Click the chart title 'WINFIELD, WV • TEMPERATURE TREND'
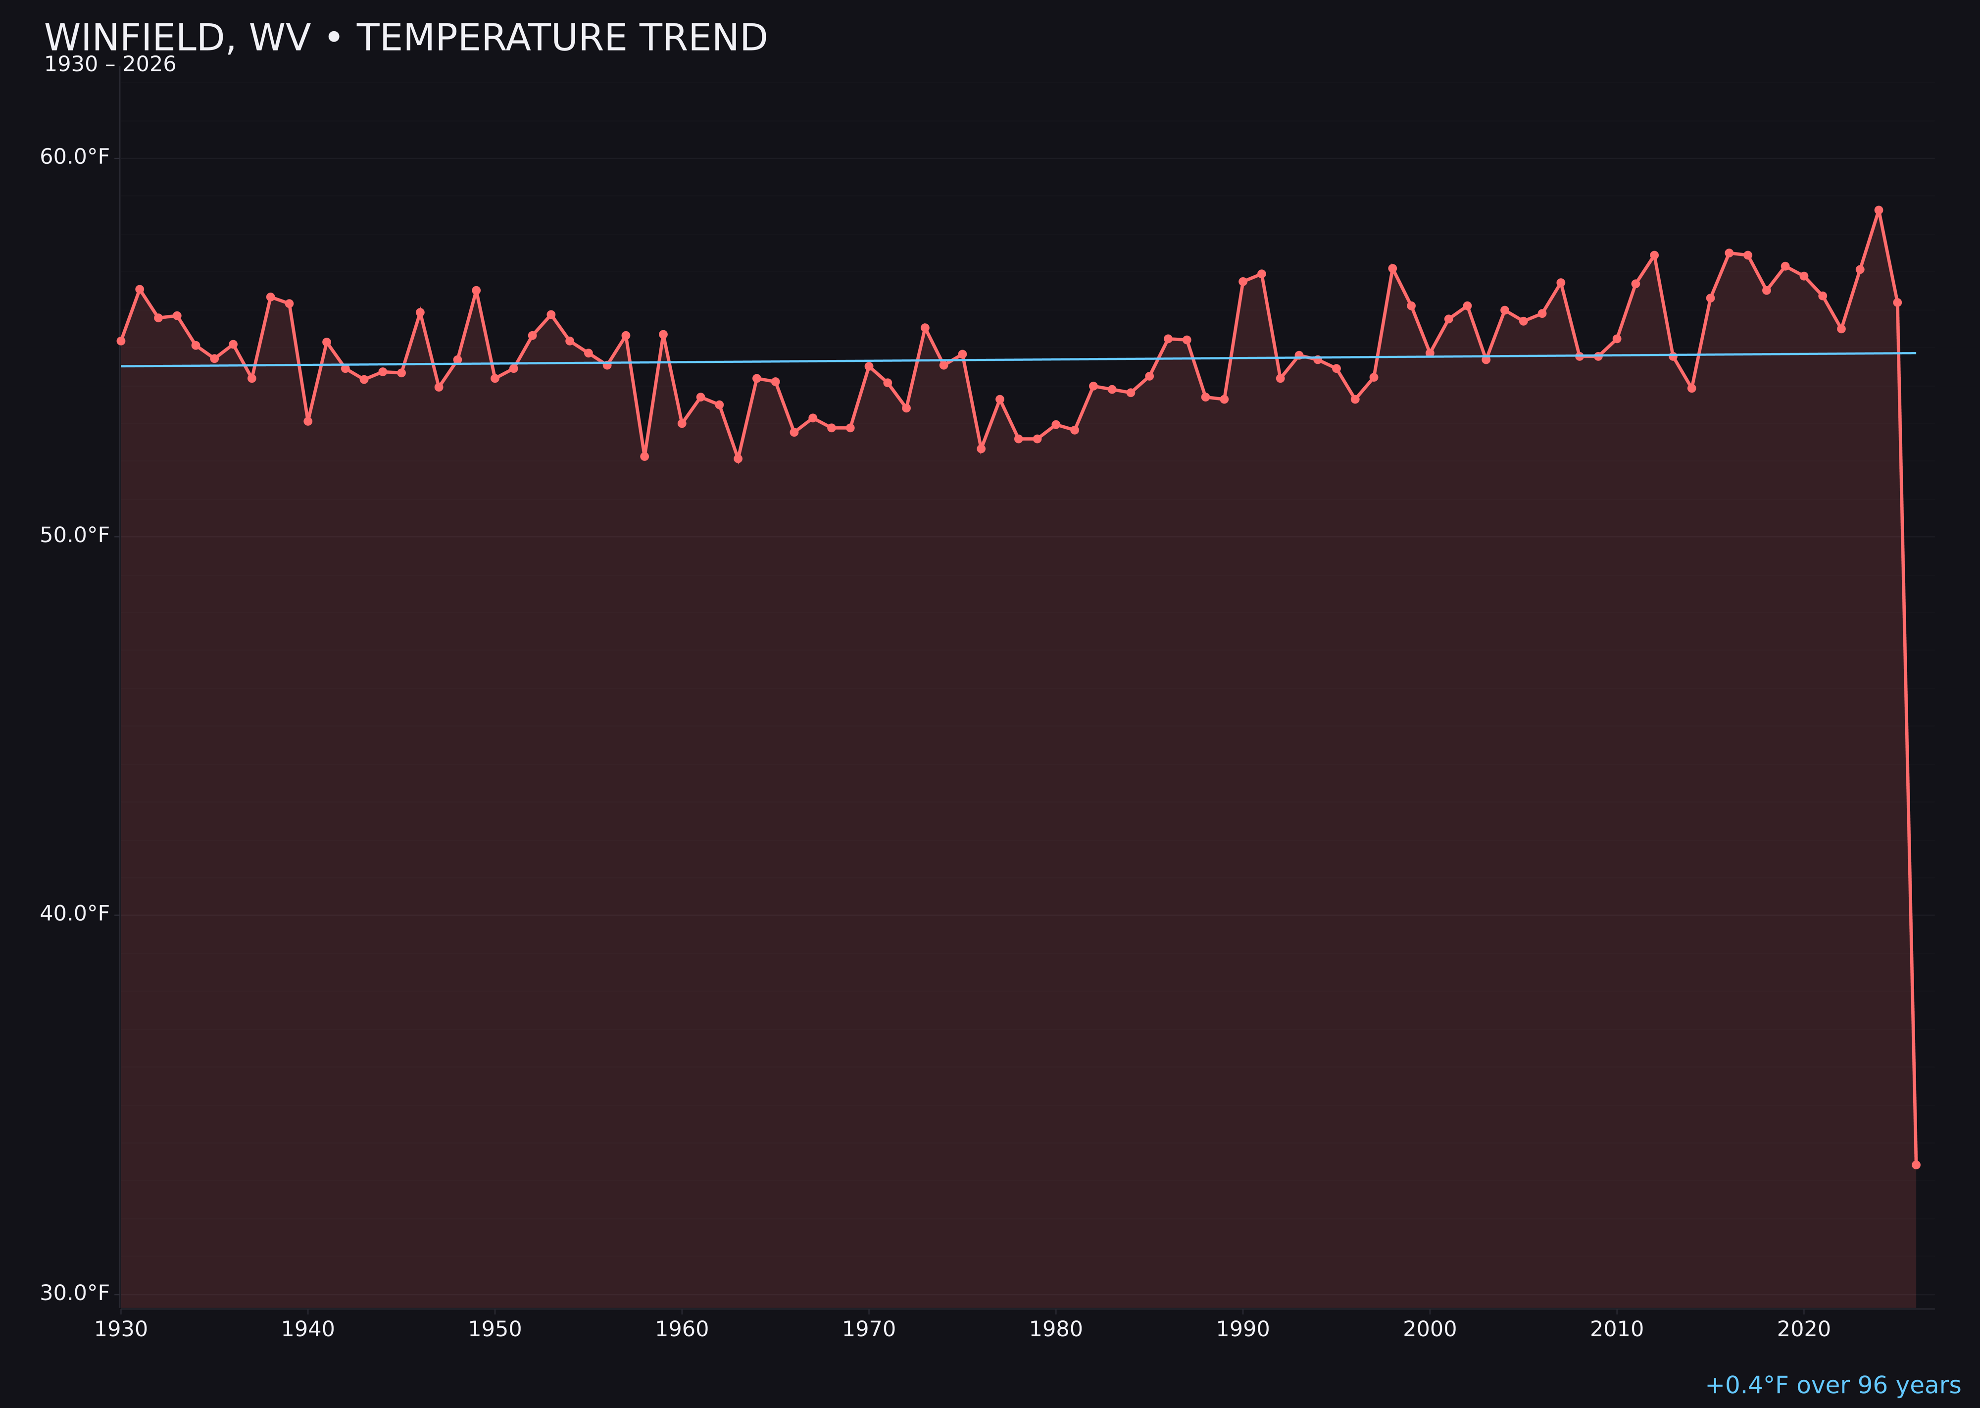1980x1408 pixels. pos(406,38)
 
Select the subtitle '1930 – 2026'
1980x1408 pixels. pos(110,65)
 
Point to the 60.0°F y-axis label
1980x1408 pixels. pos(75,157)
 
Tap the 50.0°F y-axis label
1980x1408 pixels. pos(75,536)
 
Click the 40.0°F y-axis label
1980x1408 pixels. pos(75,914)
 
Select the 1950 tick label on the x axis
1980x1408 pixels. pos(495,1329)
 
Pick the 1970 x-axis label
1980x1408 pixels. pos(869,1329)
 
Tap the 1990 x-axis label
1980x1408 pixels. pos(1242,1329)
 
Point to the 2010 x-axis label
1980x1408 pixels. pos(1617,1329)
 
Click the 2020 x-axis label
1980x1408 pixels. pos(1803,1329)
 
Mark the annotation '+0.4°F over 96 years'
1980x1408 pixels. pos(1832,1385)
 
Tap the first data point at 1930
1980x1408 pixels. pos(121,341)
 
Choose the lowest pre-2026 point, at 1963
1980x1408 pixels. pos(738,458)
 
